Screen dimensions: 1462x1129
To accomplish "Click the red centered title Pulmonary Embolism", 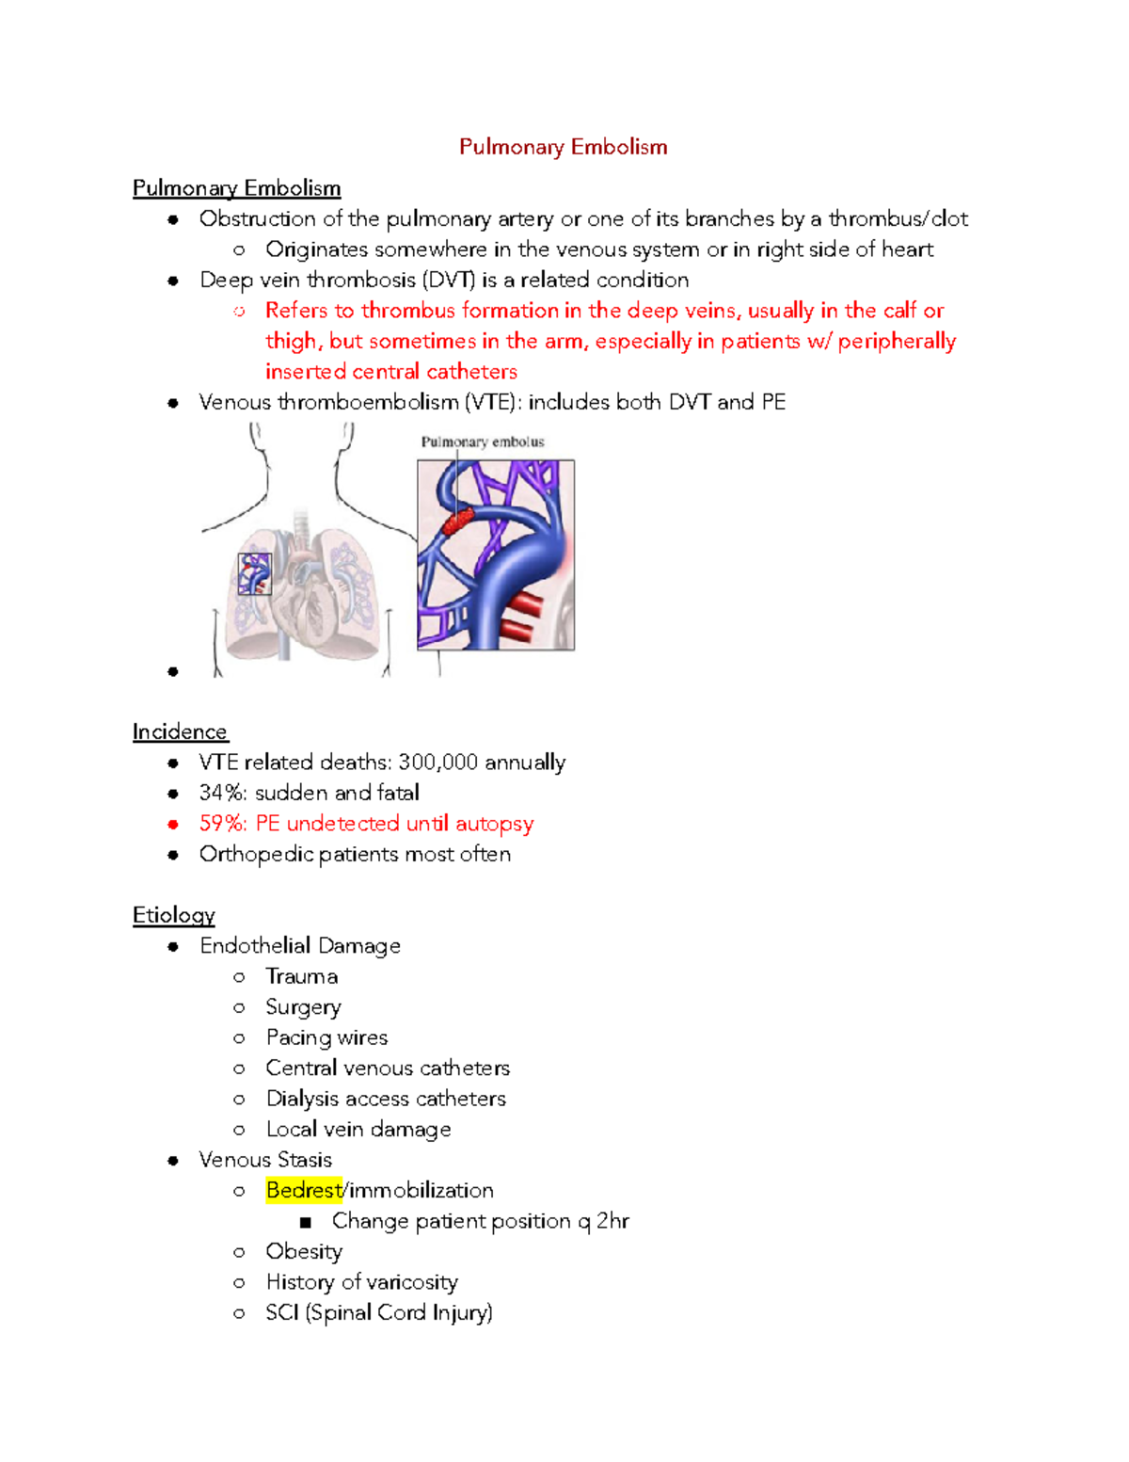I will [563, 147].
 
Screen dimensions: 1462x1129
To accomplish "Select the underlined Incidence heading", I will [180, 731].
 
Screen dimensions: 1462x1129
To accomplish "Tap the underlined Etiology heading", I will [174, 915].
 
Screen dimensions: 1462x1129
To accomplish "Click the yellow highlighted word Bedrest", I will [304, 1190].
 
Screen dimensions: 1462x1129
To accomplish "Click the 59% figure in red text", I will [223, 824].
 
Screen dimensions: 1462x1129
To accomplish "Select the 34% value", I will [223, 793].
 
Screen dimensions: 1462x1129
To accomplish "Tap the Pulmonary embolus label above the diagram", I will [482, 442].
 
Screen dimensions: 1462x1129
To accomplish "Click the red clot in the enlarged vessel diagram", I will [458, 520].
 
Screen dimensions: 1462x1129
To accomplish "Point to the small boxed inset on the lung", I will [254, 573].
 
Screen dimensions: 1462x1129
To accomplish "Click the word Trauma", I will [301, 976].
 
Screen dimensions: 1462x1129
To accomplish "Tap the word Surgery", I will [303, 1007].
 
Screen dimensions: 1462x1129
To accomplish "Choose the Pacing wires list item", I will [326, 1037].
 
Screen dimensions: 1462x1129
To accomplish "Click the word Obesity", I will [304, 1251].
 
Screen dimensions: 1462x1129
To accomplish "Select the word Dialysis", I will [302, 1099].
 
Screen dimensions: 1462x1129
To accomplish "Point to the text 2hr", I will [612, 1221].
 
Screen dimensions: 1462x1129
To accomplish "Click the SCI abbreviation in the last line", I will [281, 1312].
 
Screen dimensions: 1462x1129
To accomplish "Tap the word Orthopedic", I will [256, 854].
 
